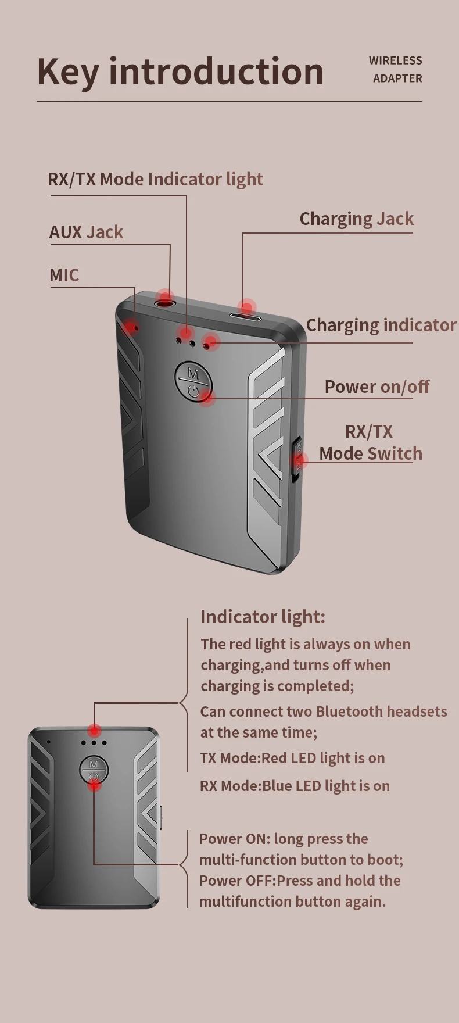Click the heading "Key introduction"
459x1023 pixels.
(x=180, y=71)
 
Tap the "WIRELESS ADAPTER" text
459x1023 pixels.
(x=396, y=69)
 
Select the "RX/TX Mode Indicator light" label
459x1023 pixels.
(x=155, y=179)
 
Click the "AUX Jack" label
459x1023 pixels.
(x=86, y=232)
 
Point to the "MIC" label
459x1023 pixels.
(x=64, y=275)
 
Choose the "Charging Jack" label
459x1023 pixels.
(x=356, y=219)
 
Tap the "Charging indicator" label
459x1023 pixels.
(x=381, y=325)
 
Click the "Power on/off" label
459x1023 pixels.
(x=376, y=387)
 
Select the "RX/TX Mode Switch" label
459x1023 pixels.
(x=370, y=442)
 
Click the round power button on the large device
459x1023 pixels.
(x=193, y=381)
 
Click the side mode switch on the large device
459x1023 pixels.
(x=297, y=459)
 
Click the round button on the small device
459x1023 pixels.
(x=94, y=770)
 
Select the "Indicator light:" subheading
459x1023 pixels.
(x=263, y=617)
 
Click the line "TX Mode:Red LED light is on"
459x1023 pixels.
(x=292, y=758)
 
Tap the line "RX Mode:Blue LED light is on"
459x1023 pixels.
(x=295, y=786)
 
